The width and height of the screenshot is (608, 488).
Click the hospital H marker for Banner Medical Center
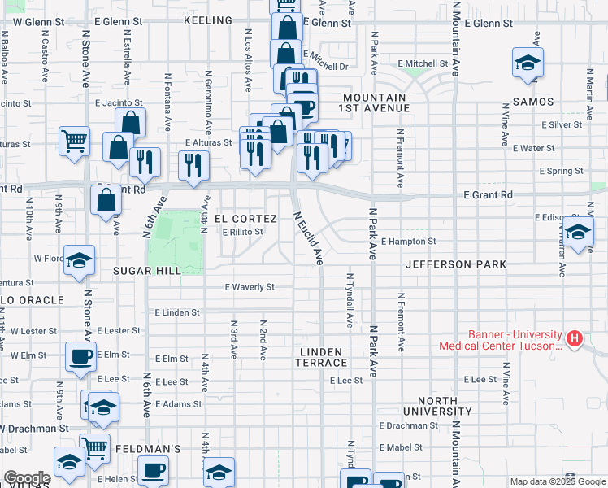click(x=575, y=338)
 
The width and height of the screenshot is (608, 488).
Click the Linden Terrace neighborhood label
click(x=322, y=357)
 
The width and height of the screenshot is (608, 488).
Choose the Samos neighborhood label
click(x=533, y=102)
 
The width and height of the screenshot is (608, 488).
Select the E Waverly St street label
click(x=250, y=287)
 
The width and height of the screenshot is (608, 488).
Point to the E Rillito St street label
click(x=243, y=232)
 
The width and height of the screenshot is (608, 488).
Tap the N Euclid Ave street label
click(x=308, y=238)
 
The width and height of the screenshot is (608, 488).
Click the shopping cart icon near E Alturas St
click(x=74, y=140)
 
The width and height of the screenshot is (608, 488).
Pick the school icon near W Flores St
click(x=80, y=260)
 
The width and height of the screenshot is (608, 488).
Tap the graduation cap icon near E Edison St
click(x=578, y=233)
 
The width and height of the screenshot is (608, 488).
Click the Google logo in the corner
click(x=27, y=478)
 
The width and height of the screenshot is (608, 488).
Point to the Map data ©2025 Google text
click(x=557, y=481)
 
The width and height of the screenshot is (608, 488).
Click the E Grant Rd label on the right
click(x=488, y=195)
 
